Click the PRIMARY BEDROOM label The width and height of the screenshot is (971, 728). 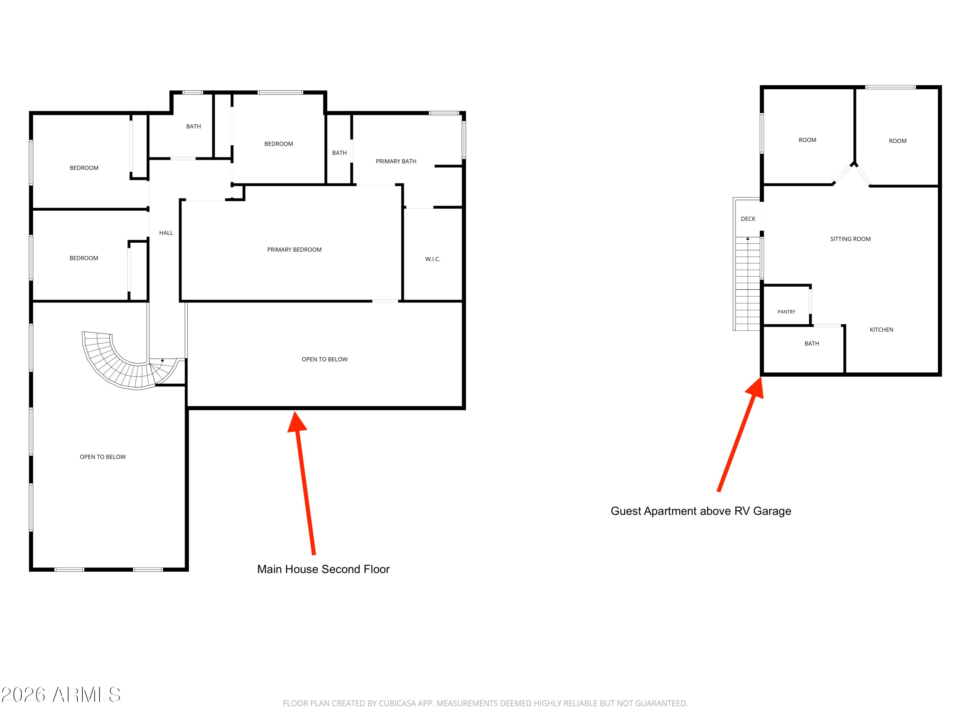[x=294, y=250]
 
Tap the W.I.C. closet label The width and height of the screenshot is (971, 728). [x=432, y=259]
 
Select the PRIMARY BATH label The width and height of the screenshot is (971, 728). [x=396, y=161]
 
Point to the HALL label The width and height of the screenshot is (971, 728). [x=166, y=233]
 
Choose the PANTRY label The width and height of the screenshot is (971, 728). [x=786, y=312]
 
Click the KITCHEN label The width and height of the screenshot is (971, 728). [x=881, y=330]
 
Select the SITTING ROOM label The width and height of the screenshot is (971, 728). [x=850, y=239]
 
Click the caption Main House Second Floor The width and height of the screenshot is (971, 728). [x=323, y=569]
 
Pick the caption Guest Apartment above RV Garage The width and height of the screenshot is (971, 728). [x=701, y=511]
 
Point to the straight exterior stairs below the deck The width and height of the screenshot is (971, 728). [x=748, y=283]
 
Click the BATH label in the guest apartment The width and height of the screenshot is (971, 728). [x=812, y=344]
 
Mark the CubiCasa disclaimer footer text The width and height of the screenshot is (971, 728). [x=485, y=703]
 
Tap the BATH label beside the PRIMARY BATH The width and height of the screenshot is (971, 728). [x=339, y=153]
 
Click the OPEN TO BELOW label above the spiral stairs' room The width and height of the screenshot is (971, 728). [x=103, y=457]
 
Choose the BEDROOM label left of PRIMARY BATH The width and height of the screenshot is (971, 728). [x=278, y=144]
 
